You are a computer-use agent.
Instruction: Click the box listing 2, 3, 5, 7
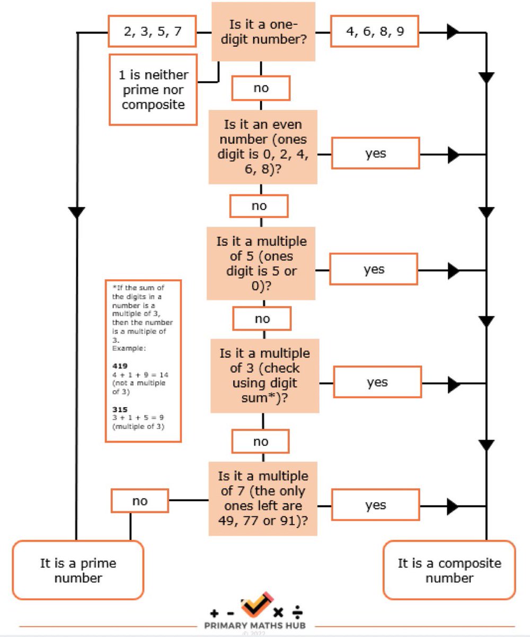click(x=152, y=31)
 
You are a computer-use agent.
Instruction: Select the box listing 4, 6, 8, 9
click(x=375, y=31)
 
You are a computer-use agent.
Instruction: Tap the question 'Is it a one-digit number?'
click(x=263, y=32)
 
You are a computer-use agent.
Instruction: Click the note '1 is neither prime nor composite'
click(x=153, y=90)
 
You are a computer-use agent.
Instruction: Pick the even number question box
click(x=263, y=147)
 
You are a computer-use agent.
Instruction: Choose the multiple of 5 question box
click(x=261, y=263)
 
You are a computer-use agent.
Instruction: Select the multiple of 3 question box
click(x=264, y=376)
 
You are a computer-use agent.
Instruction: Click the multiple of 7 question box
click(x=263, y=499)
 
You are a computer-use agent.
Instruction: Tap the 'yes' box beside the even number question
click(x=376, y=153)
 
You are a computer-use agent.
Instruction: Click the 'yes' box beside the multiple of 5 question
click(x=374, y=269)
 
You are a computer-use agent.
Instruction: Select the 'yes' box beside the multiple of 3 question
click(x=377, y=382)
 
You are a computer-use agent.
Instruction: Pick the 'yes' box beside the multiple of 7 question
click(x=376, y=505)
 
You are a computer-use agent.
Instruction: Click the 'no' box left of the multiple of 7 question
click(x=140, y=501)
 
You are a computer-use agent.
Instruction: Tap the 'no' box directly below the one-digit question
click(x=261, y=88)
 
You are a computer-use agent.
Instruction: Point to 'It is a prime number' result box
click(x=78, y=570)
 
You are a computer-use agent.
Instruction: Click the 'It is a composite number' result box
click(x=449, y=570)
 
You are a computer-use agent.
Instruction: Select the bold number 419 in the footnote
click(x=120, y=366)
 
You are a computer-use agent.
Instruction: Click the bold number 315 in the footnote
click(x=120, y=409)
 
